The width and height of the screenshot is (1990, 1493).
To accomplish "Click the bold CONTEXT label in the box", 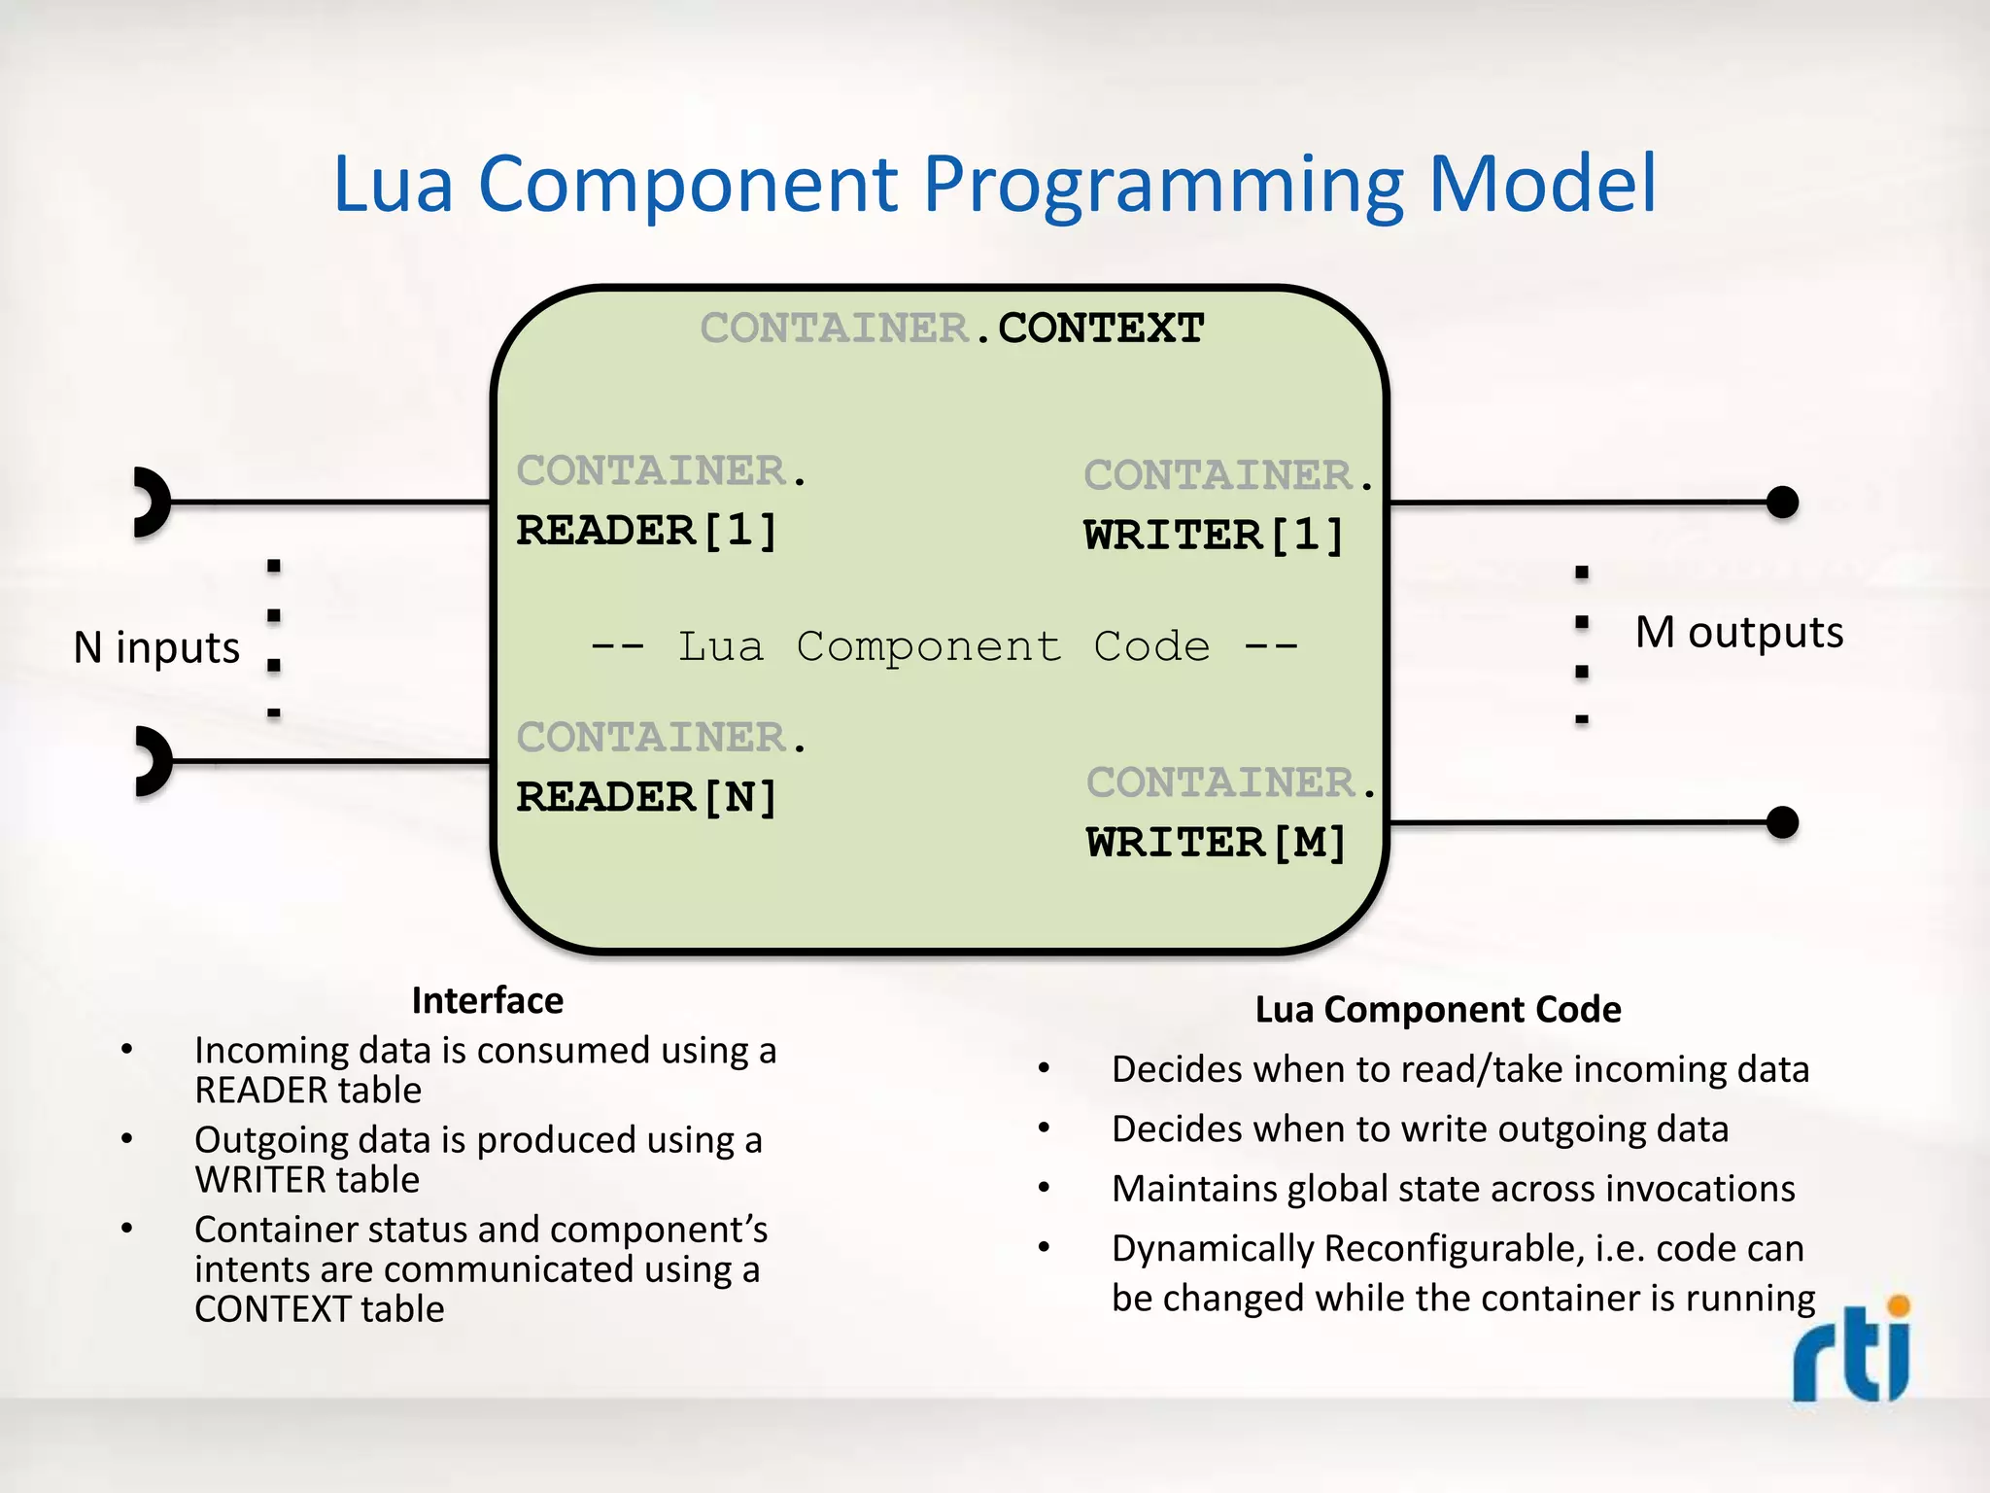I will click(1101, 328).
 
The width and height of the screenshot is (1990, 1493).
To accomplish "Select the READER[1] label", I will click(647, 531).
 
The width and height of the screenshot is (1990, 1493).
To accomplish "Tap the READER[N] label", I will click(647, 797).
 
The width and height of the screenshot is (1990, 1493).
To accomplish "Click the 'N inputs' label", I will click(156, 647).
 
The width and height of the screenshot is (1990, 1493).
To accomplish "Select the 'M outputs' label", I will click(1738, 632).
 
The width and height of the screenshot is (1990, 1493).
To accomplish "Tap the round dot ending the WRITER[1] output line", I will click(1781, 503).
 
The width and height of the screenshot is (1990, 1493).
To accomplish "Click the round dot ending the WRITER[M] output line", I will click(1781, 822).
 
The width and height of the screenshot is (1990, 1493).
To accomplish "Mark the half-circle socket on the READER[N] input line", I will click(152, 761).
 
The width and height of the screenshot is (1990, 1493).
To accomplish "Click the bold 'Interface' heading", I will click(487, 1000).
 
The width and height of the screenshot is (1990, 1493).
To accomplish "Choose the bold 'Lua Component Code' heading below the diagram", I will click(1437, 1009).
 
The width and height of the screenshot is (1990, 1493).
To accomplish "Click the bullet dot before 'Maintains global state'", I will click(1044, 1188).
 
